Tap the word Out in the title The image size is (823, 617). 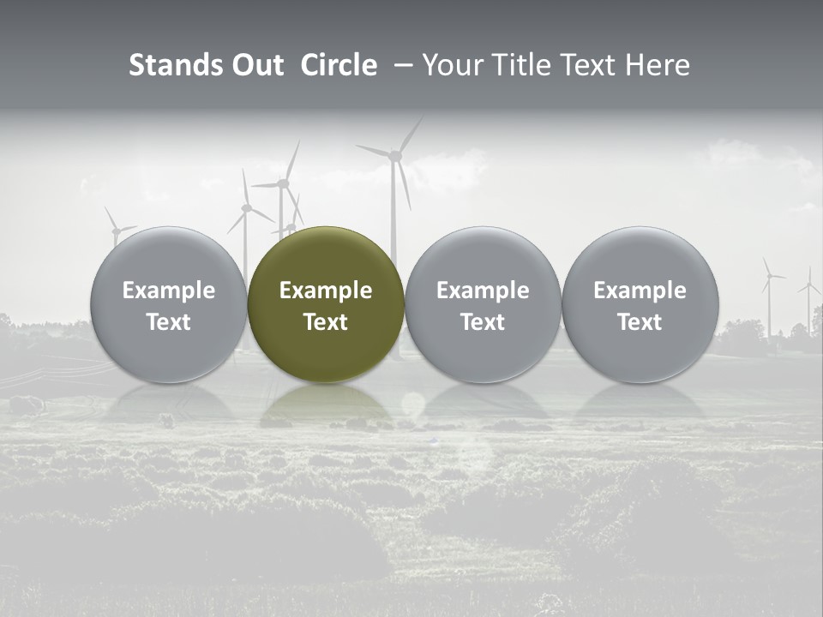255,65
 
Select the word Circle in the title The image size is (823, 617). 339,65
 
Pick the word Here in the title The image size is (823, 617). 658,65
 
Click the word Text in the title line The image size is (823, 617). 592,65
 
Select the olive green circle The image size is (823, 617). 326,304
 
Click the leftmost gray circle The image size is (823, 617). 168,304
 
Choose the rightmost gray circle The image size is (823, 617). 640,304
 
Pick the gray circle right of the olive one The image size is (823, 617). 483,304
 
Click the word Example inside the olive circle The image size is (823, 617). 326,291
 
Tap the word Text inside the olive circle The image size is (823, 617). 326,322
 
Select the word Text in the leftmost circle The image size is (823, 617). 168,322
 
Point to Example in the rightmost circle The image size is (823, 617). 640,291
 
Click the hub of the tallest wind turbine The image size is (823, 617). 395,155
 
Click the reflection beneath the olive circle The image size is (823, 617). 326,405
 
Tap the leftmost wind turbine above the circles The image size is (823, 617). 115,229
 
